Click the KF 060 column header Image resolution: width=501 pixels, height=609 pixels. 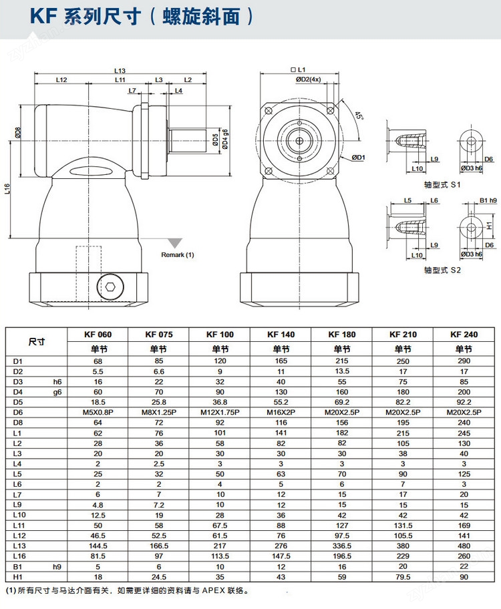(x=98, y=334)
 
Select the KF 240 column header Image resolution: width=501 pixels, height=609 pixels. (x=463, y=334)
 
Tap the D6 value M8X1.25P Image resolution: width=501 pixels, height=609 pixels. (x=159, y=412)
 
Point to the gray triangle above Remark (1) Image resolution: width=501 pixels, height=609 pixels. (x=176, y=244)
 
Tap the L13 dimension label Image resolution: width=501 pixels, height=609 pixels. (x=120, y=70)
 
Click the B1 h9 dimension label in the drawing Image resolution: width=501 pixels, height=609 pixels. (x=488, y=200)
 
